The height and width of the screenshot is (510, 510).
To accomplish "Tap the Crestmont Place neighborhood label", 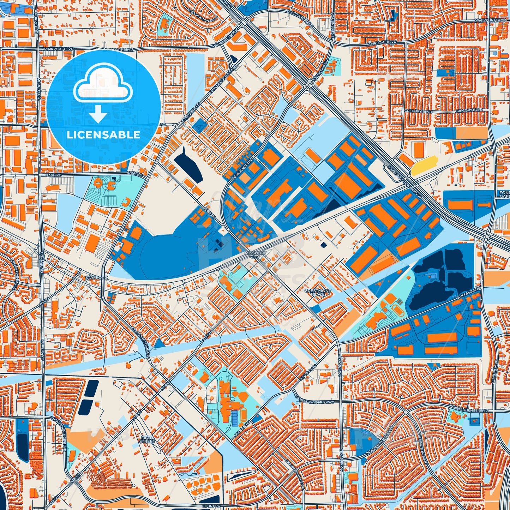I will point(318,293).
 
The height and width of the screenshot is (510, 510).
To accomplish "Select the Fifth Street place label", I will point(147,439).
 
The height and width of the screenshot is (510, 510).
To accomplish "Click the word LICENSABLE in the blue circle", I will point(103,135).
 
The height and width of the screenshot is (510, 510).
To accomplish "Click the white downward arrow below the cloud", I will point(98,115).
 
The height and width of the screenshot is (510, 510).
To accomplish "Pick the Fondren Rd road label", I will point(496,371).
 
